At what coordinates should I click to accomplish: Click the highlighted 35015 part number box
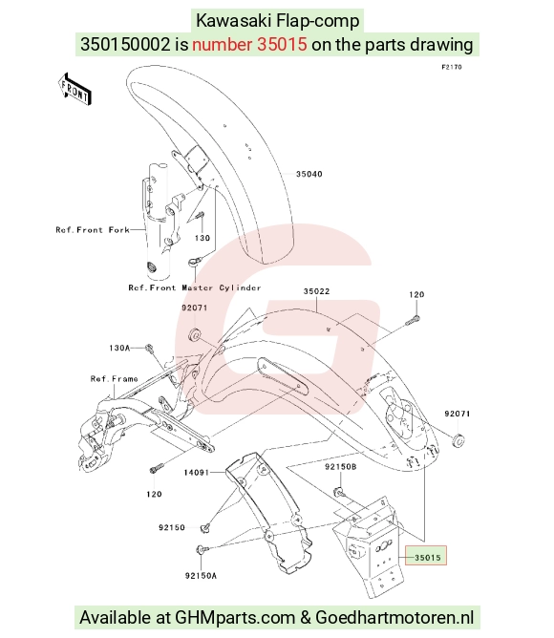[426, 556]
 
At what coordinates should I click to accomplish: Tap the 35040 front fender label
[309, 174]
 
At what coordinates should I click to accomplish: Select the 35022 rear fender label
[316, 291]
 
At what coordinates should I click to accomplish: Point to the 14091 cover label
[196, 473]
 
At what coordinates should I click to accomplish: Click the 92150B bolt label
[340, 467]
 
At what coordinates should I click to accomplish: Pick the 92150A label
[201, 575]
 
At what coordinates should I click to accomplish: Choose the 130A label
[119, 348]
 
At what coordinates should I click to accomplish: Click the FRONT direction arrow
[75, 90]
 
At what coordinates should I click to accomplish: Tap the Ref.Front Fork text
[93, 230]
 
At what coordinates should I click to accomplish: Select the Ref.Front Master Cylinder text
[195, 287]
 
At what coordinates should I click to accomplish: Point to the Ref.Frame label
[114, 379]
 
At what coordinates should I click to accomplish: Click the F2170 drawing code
[452, 67]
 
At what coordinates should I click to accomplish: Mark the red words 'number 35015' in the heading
[249, 44]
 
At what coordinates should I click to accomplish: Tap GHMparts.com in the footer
[235, 617]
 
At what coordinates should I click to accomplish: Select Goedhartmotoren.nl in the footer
[394, 617]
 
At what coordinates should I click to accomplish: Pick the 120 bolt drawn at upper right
[414, 321]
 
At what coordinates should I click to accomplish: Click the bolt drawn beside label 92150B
[340, 492]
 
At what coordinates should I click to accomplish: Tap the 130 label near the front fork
[202, 238]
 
